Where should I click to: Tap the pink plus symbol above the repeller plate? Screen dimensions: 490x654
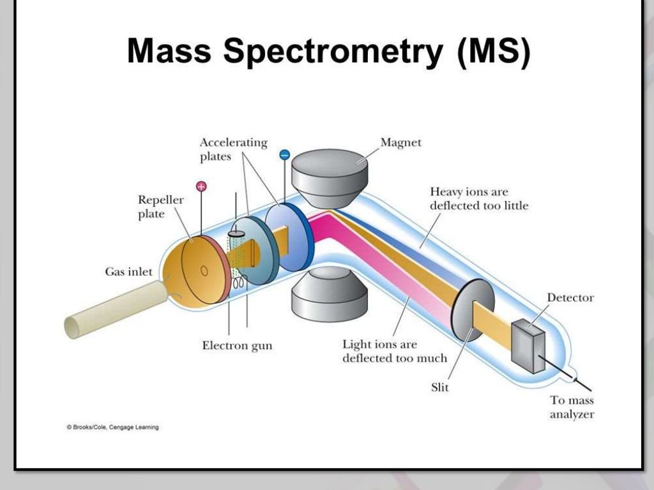tap(201, 186)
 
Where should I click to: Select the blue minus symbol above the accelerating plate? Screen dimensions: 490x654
tap(285, 154)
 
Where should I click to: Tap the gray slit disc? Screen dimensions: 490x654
tap(473, 312)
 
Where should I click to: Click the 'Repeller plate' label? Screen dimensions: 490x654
tap(160, 207)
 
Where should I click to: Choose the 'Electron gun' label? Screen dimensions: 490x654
tap(237, 346)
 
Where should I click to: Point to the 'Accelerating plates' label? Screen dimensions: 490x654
tap(233, 149)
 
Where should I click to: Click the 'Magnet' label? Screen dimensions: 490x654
tap(401, 142)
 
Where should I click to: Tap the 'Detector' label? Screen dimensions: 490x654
tap(570, 297)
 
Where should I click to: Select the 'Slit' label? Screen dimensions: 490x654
tap(440, 387)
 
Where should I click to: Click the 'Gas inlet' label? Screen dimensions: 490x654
tap(128, 272)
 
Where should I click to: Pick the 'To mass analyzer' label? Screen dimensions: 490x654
tap(572, 408)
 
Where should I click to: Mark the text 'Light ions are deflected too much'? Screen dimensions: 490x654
tap(394, 351)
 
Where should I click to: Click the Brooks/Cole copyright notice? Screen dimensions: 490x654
tap(113, 427)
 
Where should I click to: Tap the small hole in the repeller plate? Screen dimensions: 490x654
tap(204, 270)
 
